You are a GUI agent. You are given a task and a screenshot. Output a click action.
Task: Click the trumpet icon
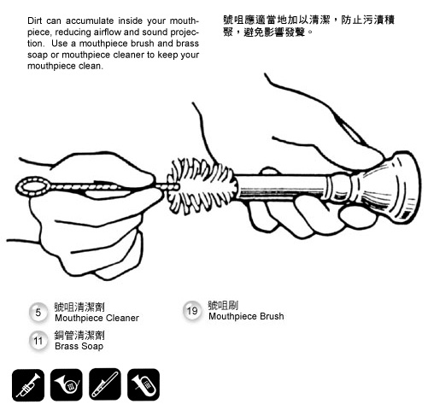(x=28, y=385)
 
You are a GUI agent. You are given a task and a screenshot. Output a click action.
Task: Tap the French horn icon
(x=67, y=384)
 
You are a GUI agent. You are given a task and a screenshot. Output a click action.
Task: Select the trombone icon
(x=105, y=384)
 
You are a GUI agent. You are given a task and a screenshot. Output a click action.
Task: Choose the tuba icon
(x=144, y=384)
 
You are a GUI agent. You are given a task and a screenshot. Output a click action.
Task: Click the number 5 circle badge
(x=38, y=313)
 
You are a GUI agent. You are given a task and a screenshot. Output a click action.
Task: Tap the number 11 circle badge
(x=38, y=341)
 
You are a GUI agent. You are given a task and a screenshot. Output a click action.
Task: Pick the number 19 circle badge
(x=192, y=311)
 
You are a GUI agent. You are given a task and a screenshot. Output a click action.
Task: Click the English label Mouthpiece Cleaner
(x=97, y=318)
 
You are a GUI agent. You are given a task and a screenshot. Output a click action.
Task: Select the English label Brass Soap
(x=79, y=346)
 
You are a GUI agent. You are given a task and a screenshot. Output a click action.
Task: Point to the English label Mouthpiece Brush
(x=246, y=316)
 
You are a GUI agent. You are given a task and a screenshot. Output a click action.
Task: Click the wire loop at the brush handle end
(x=32, y=186)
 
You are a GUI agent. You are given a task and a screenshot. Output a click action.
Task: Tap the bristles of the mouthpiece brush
(x=202, y=186)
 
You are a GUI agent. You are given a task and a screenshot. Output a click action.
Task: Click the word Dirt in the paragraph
(x=34, y=20)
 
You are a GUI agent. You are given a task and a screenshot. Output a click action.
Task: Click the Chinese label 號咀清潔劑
(x=79, y=307)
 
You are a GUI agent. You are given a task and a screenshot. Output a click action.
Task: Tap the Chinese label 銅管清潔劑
(x=79, y=335)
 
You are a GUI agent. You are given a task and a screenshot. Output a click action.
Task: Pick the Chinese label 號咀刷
(x=223, y=305)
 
